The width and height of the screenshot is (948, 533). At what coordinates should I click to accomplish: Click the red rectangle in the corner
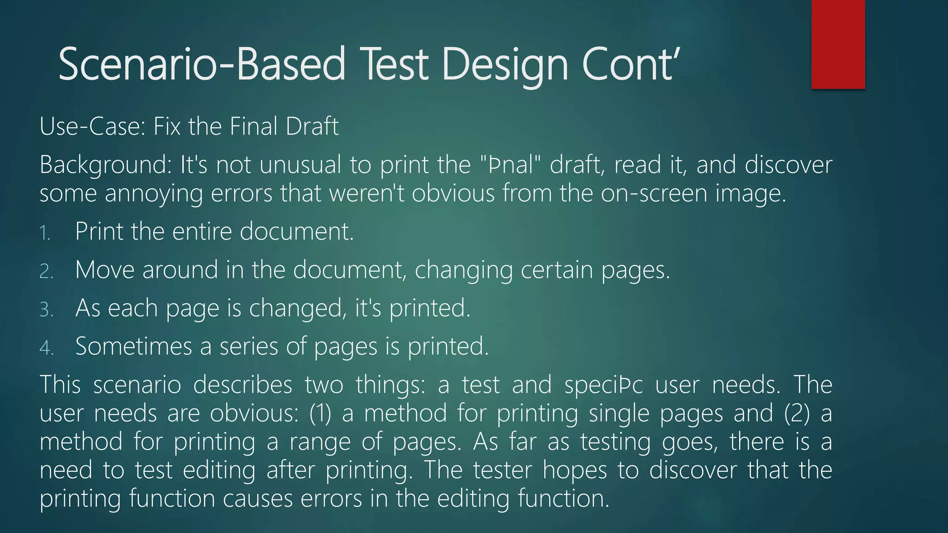838,44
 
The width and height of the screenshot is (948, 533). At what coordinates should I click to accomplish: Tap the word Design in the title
505,65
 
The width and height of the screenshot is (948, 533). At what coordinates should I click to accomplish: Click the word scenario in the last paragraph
137,385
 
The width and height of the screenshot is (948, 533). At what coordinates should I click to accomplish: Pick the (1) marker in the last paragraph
320,413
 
